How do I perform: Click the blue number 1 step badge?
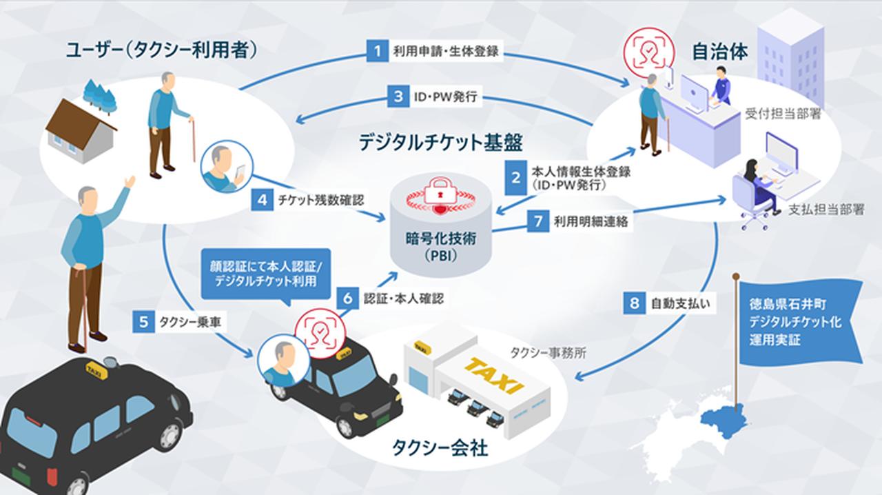377,51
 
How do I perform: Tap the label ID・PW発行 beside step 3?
445,97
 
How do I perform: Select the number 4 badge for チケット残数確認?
262,200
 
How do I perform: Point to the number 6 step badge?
349,299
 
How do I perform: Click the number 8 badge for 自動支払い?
635,303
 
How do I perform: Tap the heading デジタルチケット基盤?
440,143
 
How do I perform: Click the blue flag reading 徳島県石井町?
797,321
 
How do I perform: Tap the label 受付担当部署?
783,114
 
